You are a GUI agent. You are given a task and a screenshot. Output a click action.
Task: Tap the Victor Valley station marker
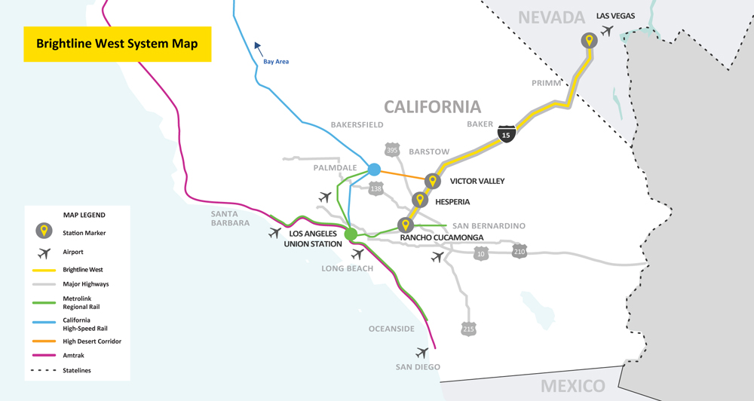(x=432, y=181)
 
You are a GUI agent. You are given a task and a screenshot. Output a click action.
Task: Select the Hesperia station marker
(x=420, y=200)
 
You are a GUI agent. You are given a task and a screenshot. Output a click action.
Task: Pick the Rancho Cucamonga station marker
(x=405, y=225)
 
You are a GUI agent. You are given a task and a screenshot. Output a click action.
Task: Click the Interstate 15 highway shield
(x=506, y=134)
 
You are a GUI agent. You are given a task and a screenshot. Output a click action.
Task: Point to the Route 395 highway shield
(x=392, y=150)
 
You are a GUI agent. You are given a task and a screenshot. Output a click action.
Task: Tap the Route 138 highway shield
(x=375, y=188)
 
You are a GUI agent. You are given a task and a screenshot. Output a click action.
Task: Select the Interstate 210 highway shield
(x=519, y=250)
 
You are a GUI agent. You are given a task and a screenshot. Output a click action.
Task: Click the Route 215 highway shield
(x=469, y=329)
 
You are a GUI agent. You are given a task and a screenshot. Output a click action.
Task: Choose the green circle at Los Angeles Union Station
(x=351, y=234)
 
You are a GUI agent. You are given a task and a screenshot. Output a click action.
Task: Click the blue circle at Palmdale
(x=374, y=170)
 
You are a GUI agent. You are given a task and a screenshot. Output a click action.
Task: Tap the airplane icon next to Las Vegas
(x=607, y=31)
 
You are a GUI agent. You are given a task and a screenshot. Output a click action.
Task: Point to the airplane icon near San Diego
(x=421, y=353)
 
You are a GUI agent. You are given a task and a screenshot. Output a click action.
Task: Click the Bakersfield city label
(x=357, y=125)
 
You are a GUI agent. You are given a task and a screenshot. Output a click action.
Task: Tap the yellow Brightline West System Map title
(x=117, y=44)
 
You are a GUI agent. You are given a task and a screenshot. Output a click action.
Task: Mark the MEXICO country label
(x=572, y=386)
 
